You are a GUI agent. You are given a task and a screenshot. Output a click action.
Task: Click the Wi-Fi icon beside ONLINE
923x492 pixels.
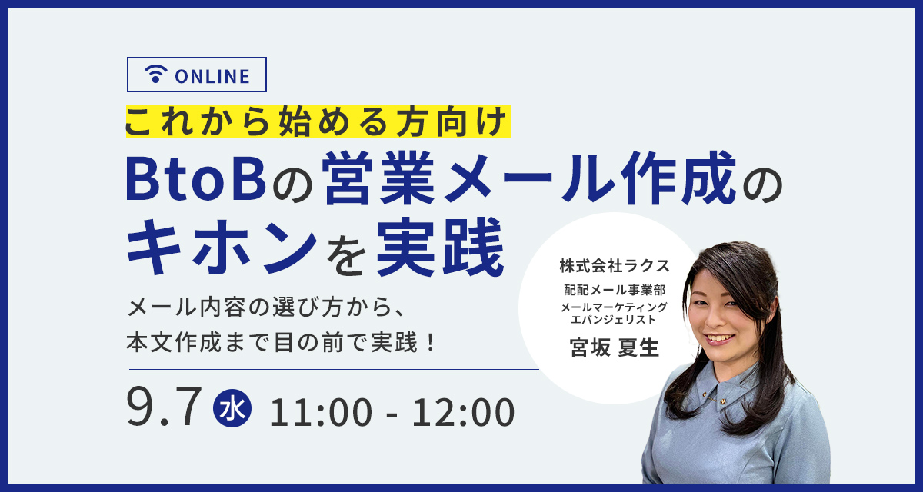[x=155, y=74]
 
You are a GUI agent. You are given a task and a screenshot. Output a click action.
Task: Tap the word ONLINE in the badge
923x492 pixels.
[x=212, y=77]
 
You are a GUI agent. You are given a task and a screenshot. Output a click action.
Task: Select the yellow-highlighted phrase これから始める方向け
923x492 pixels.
[x=318, y=121]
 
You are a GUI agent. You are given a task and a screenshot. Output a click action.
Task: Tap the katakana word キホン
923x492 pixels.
[x=222, y=246]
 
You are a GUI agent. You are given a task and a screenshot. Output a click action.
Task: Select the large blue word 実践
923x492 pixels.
[x=440, y=246]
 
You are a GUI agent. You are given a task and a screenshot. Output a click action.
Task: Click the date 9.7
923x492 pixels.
[x=164, y=407]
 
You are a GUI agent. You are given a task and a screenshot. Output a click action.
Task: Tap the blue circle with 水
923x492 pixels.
[x=232, y=408]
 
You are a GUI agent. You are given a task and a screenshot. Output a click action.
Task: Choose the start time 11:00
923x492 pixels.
[x=321, y=412]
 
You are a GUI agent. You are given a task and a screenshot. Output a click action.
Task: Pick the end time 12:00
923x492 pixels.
[x=464, y=412]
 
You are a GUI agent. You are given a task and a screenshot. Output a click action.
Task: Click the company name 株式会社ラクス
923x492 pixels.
[x=615, y=266]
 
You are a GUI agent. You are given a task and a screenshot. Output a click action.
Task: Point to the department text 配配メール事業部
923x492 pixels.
[x=615, y=291]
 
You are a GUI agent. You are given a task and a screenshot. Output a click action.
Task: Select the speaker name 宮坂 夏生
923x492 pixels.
[x=615, y=348]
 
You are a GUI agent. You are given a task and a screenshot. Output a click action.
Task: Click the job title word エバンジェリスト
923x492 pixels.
[x=614, y=320]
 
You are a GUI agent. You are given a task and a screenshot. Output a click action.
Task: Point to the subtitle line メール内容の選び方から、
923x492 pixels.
[x=266, y=307]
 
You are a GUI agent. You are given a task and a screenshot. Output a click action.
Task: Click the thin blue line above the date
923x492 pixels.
[x=334, y=369]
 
